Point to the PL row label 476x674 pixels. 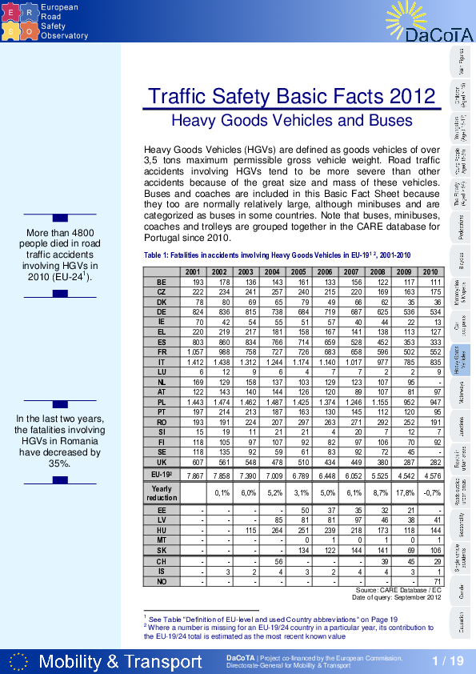click(162, 402)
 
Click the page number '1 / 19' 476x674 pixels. click(447, 660)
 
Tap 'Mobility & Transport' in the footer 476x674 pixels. click(120, 661)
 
